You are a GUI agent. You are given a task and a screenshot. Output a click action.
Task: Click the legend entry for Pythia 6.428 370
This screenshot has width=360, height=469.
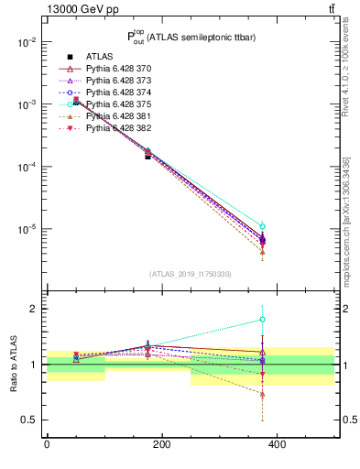click(x=120, y=69)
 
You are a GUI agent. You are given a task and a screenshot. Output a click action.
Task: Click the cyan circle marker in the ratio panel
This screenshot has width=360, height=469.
click(x=262, y=320)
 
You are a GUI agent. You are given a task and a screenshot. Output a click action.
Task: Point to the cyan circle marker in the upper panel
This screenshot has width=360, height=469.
click(x=262, y=226)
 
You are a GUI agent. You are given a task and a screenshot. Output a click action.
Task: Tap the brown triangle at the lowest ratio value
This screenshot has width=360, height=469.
click(x=262, y=395)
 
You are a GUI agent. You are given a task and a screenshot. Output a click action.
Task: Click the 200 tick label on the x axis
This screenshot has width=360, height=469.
click(x=162, y=445)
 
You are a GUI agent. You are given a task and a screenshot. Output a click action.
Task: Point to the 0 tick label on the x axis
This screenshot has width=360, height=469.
click(x=47, y=445)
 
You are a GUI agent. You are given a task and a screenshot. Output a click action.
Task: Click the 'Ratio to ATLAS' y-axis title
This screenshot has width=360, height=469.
click(x=12, y=364)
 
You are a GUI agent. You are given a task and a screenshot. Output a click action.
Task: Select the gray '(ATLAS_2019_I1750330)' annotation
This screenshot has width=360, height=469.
click(x=190, y=274)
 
